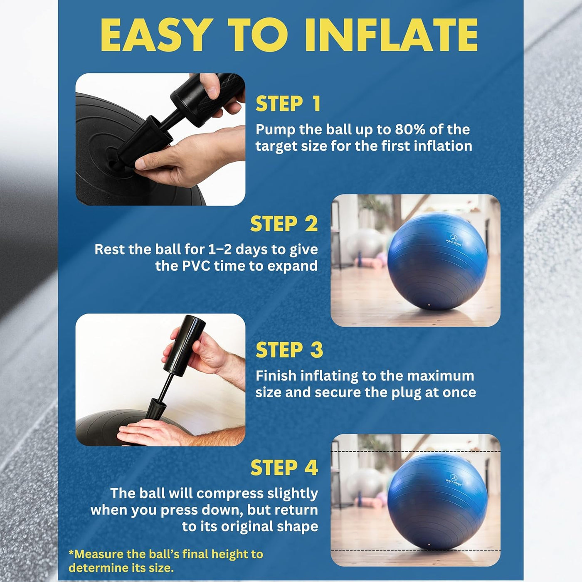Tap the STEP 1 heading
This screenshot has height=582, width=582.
(288, 104)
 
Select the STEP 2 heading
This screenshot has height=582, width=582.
(284, 224)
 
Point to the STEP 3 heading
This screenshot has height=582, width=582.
(289, 350)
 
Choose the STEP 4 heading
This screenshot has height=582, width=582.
(284, 468)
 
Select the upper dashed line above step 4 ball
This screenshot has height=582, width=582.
(416, 451)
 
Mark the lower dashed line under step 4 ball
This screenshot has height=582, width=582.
(416, 550)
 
